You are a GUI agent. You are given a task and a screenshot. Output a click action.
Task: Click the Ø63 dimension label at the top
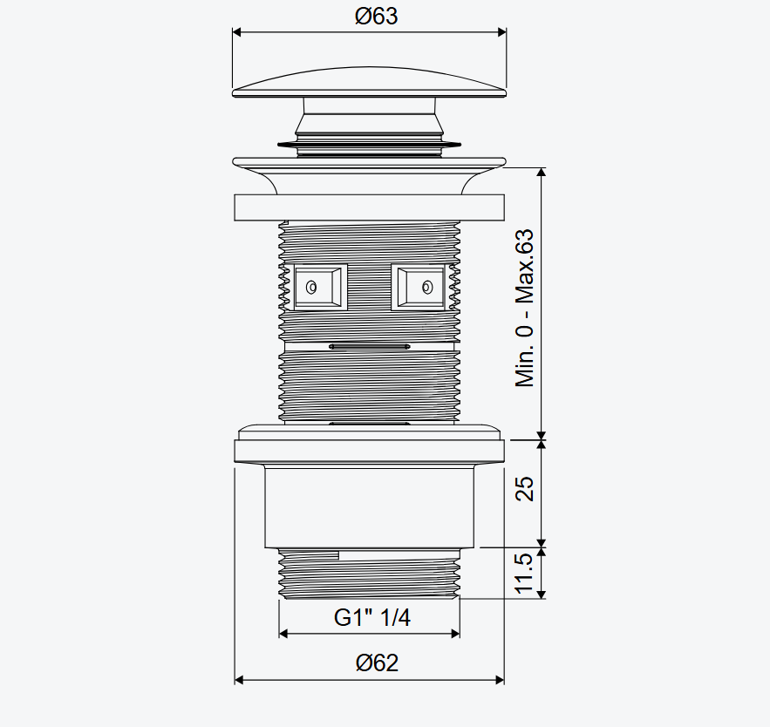point(376,17)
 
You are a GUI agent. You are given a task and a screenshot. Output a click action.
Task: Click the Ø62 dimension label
point(377,663)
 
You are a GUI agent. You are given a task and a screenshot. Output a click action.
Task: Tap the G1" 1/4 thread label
point(371,617)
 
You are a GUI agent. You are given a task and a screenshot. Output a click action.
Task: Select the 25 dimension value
point(524,488)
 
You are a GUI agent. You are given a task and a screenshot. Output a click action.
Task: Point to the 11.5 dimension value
point(524,573)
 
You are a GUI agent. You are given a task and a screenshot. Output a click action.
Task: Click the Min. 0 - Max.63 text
point(524,308)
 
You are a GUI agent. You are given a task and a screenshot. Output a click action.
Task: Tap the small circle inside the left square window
point(311,287)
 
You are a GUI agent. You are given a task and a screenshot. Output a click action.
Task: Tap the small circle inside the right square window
point(427,287)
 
